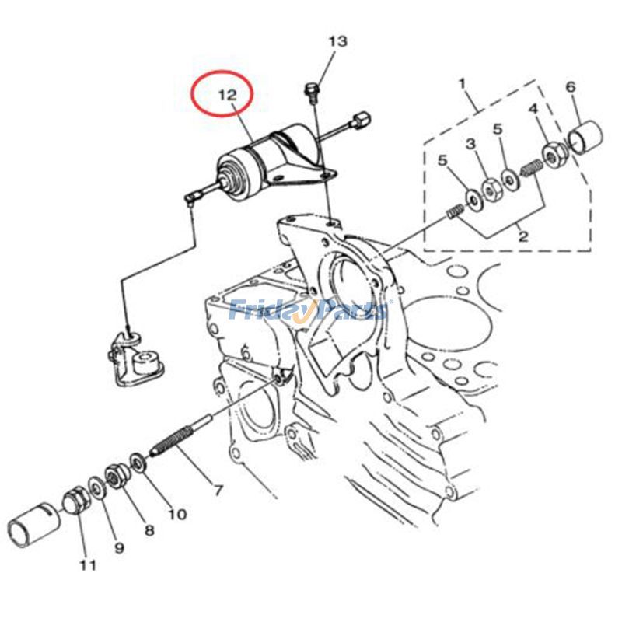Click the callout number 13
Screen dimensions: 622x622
(x=338, y=41)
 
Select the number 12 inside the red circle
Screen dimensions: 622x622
(x=228, y=94)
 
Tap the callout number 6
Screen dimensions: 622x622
(x=571, y=87)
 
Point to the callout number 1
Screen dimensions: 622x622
(x=462, y=84)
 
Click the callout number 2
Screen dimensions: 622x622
(x=523, y=236)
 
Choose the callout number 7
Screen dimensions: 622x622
(x=218, y=491)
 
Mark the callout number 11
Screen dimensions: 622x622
(x=88, y=565)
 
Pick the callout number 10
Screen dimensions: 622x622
(x=177, y=515)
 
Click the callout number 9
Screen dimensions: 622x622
(x=119, y=548)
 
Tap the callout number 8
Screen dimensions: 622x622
(x=149, y=530)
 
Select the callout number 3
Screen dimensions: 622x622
(x=470, y=144)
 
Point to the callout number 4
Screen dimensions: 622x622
(x=534, y=109)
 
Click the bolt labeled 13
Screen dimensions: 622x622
(x=312, y=89)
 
